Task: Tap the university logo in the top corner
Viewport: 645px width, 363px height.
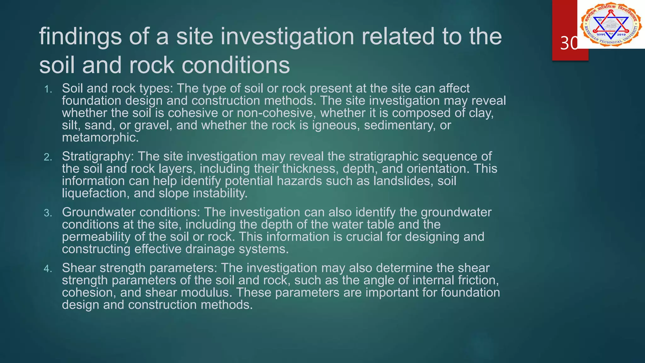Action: [x=611, y=24]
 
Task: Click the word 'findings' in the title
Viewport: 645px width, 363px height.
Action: [x=80, y=37]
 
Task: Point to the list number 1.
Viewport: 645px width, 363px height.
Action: [x=48, y=89]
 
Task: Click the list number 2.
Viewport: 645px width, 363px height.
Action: [x=48, y=157]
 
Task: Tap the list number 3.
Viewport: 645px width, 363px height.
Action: [x=48, y=213]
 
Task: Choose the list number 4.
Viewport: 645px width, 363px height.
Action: [x=48, y=269]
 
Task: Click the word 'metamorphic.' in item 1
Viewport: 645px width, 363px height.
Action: [x=100, y=137]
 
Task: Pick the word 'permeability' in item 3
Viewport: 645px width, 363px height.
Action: [x=96, y=237]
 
